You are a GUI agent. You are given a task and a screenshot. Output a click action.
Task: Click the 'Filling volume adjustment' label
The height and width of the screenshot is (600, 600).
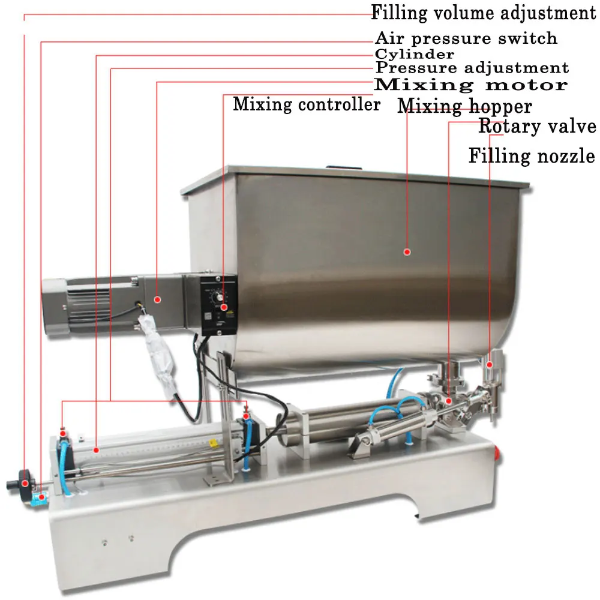pos(483,13)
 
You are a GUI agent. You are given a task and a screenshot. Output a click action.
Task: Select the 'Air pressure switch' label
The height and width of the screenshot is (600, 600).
pos(466,39)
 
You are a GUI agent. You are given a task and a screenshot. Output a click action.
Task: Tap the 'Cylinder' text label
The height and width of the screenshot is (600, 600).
pos(415,54)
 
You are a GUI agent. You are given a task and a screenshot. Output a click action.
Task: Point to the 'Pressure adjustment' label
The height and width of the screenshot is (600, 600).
pos(472,68)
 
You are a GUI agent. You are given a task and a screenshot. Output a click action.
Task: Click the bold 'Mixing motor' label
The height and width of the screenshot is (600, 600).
pos(471,85)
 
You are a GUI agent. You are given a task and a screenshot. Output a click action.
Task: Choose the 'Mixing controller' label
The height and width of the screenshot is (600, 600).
pos(307,104)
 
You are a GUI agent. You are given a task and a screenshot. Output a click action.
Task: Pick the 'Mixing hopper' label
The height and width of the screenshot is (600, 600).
pos(464,106)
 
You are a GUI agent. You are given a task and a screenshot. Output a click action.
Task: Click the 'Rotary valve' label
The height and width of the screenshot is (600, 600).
pos(537,127)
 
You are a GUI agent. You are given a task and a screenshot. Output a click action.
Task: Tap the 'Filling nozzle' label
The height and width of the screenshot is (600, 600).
pos(532,157)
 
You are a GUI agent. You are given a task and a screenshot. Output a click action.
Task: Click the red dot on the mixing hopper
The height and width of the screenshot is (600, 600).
pos(406,252)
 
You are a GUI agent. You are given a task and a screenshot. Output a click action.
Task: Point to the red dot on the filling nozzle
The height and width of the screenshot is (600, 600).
pos(490,364)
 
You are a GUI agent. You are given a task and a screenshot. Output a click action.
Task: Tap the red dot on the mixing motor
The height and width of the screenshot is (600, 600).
pos(157,299)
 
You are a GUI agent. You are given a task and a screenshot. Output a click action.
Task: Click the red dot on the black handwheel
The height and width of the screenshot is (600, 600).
pos(25,482)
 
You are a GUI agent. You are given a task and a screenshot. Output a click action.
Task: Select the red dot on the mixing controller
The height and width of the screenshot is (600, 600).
pos(223,307)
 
